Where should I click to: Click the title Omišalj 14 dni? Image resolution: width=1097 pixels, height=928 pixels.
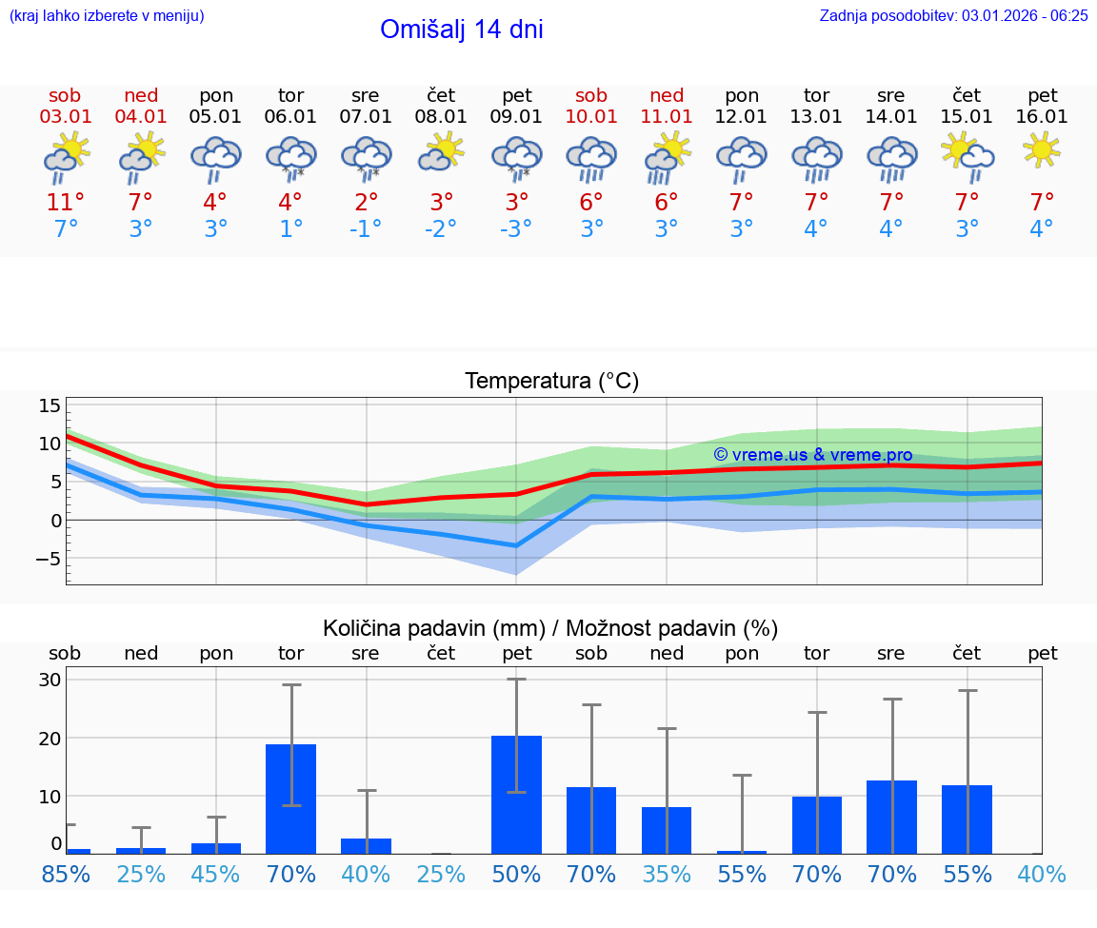coord(461,30)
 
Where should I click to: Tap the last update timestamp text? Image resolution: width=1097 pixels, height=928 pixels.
coord(953,15)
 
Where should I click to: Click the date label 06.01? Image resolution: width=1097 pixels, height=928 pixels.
coord(290,117)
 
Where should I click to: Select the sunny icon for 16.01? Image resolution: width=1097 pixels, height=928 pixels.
coord(1041,149)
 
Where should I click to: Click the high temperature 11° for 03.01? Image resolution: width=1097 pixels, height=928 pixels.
coord(65,203)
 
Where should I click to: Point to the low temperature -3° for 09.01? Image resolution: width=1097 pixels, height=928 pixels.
coord(516,229)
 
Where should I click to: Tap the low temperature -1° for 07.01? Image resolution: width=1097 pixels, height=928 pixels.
coord(365,229)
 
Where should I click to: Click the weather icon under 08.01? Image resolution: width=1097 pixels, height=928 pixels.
coord(441,151)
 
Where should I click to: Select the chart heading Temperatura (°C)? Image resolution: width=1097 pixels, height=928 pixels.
coord(551,382)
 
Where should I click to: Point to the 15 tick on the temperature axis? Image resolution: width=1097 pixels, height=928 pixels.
coord(50,405)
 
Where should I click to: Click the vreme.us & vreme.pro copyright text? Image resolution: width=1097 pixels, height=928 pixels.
coord(812,455)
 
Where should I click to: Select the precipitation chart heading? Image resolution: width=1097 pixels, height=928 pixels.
coord(549,628)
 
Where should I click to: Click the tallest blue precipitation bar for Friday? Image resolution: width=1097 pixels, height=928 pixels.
coord(516,795)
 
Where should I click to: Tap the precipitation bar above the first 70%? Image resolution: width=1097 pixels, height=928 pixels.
coord(290,799)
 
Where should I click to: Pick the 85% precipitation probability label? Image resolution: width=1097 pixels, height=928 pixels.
coord(65,874)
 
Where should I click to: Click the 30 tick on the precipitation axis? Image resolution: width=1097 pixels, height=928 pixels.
coord(50,680)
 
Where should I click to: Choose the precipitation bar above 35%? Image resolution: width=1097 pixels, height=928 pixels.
coord(667,830)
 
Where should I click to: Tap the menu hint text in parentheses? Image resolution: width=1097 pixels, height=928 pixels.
coord(107,15)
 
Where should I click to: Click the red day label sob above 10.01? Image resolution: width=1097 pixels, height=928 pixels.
coord(591,95)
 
